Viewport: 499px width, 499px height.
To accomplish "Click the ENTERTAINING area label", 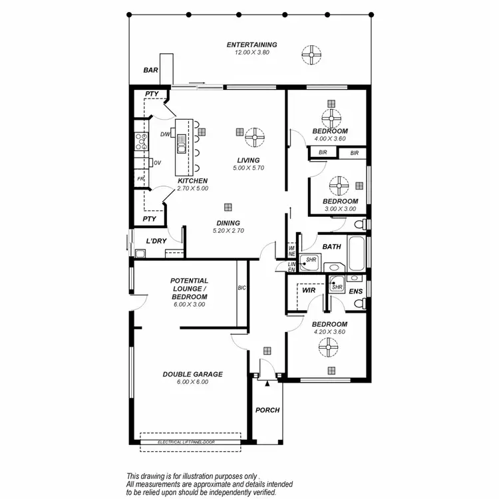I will coord(251,45).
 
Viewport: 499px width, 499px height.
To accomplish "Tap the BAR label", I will coord(151,70).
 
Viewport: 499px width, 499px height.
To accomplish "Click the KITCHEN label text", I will coord(192,181).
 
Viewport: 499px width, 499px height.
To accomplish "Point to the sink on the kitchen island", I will coord(182,142).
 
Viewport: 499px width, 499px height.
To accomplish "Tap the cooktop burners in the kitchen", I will coord(141,140).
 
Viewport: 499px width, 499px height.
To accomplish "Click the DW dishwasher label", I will coord(165,135).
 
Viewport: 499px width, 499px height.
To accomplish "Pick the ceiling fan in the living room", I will coord(254,137).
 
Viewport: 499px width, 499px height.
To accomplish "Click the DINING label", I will coord(227,223).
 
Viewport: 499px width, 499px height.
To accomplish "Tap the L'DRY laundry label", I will coord(156,241).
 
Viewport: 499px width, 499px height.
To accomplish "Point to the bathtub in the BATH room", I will coord(357,253).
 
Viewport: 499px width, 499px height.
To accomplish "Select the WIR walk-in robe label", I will coord(308,291).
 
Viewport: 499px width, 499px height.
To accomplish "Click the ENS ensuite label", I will coord(356,291).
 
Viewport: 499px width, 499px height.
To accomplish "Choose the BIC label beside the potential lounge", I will coord(242,288).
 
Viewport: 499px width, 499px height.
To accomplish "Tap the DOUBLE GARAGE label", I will coord(192,374).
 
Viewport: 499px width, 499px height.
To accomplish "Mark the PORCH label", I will coord(267,410).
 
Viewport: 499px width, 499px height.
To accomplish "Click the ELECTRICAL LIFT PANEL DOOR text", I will coord(190,442).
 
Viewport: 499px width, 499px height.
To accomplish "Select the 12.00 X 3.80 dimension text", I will coord(251,53).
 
